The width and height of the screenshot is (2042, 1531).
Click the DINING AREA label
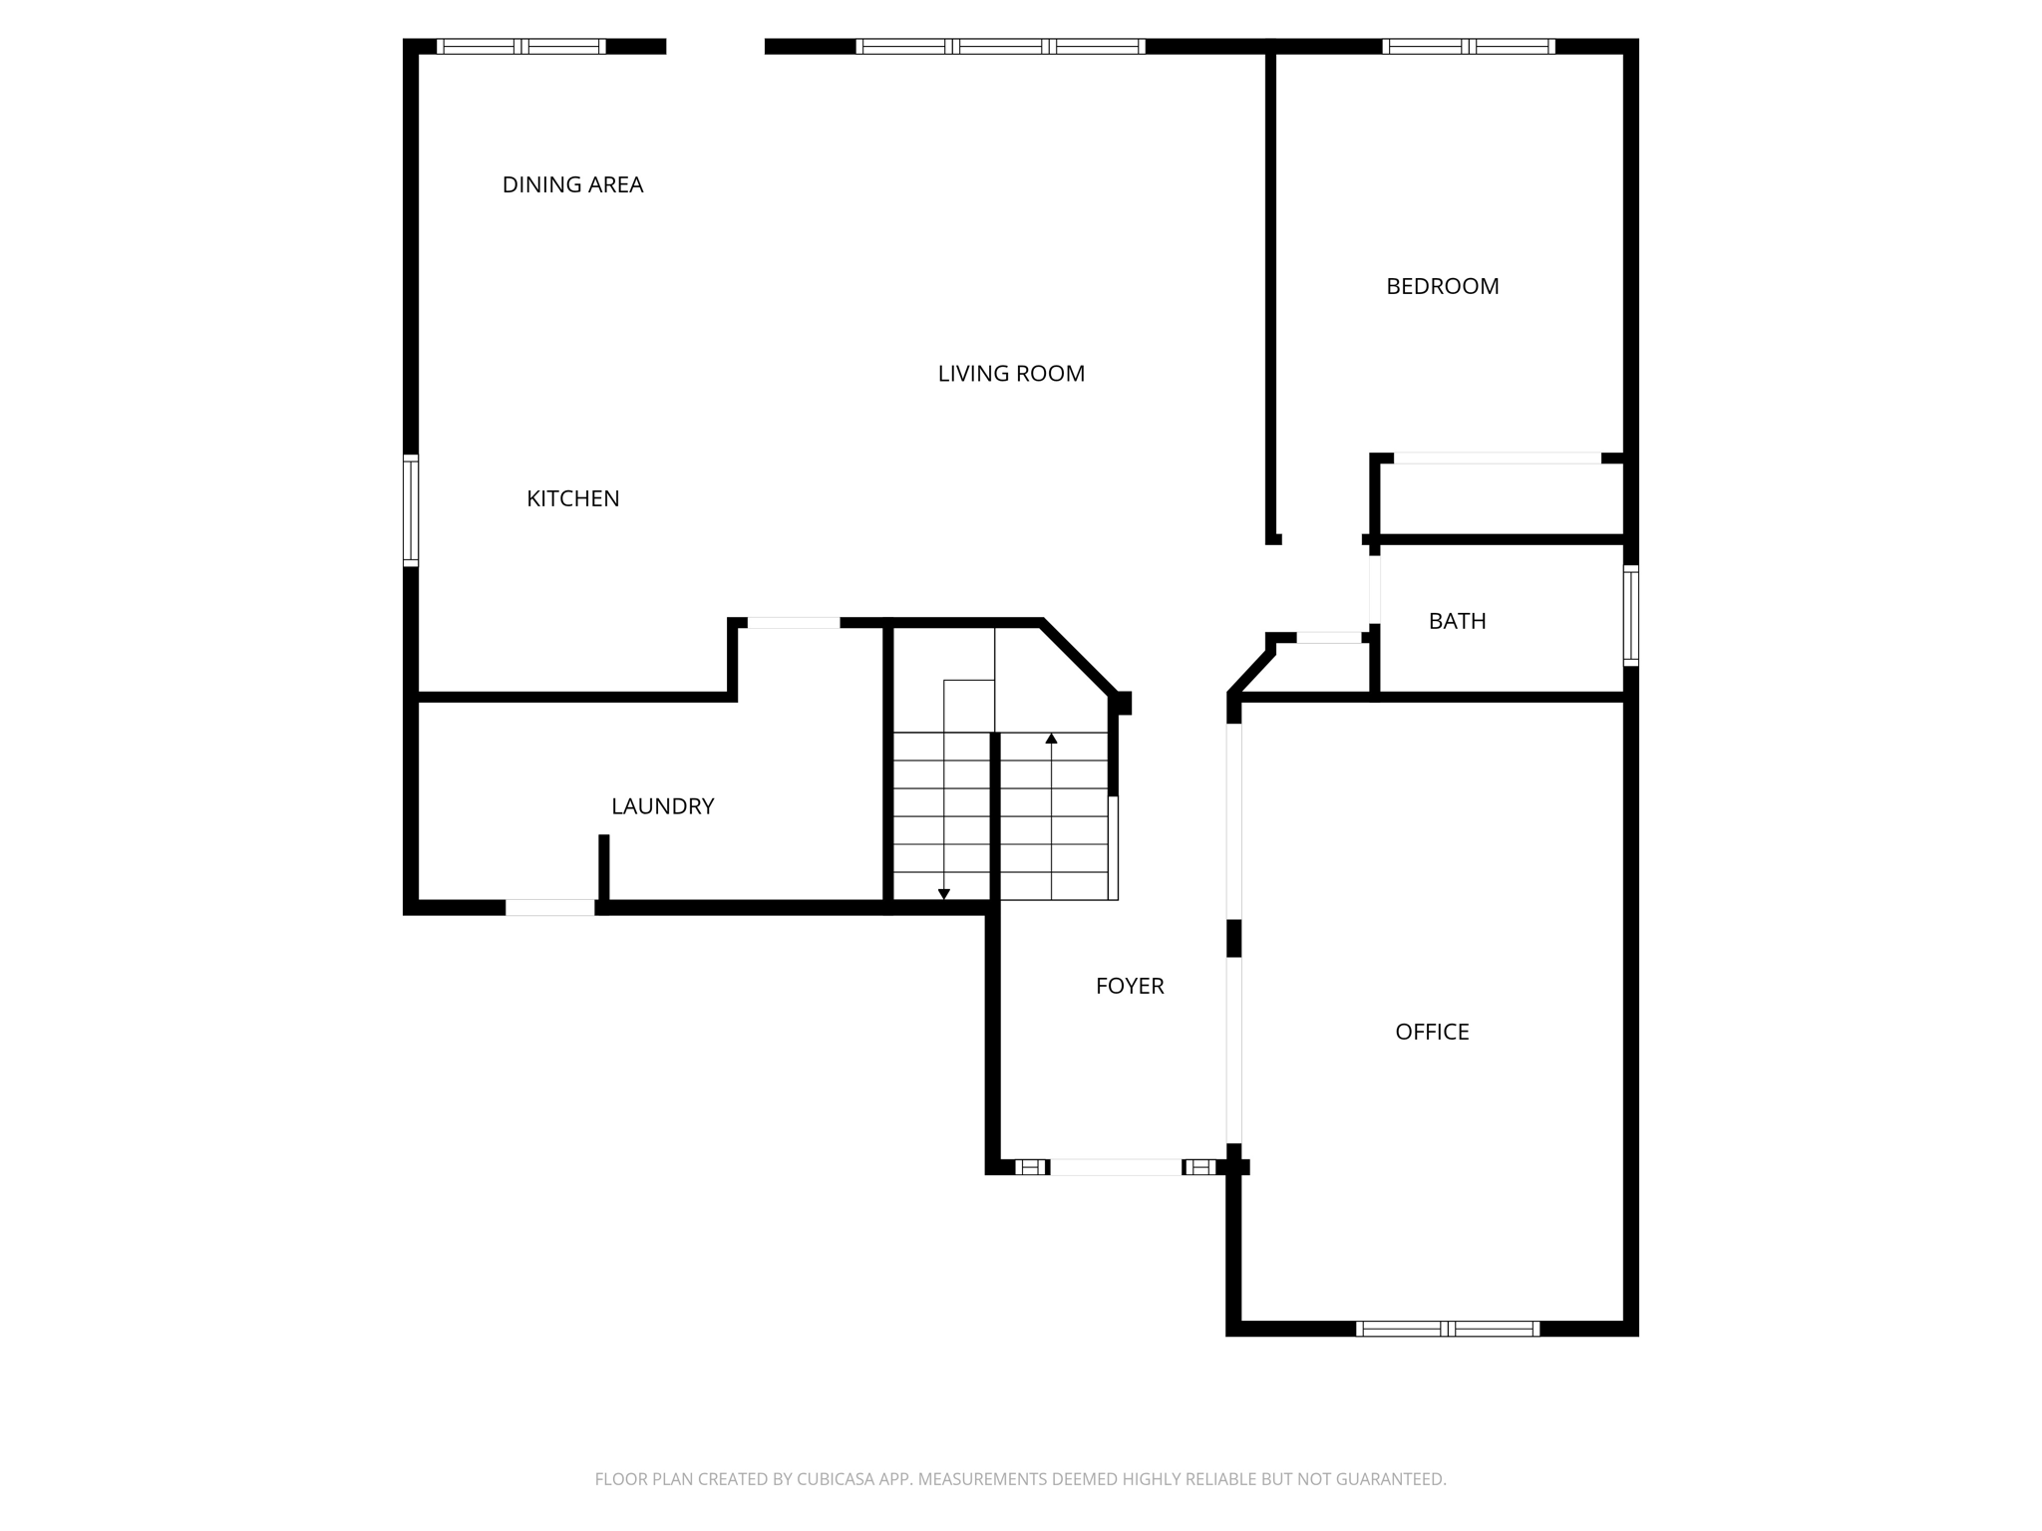click(572, 184)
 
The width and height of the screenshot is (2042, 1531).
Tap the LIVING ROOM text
click(1010, 374)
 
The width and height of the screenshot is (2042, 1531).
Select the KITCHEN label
click(572, 498)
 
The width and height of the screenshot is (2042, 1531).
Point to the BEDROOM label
click(1442, 286)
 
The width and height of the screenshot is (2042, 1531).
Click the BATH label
click(1457, 621)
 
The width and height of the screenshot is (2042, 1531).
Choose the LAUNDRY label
click(662, 806)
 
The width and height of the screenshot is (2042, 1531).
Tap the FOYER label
click(1129, 986)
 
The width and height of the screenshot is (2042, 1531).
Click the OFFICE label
click(1431, 1032)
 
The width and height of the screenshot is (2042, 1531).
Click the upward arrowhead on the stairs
click(1051, 739)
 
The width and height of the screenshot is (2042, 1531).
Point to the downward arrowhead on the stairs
click(943, 894)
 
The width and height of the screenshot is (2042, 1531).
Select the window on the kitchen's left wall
click(410, 510)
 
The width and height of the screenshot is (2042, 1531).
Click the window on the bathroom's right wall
click(1630, 615)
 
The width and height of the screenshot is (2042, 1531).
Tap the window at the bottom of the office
click(1447, 1329)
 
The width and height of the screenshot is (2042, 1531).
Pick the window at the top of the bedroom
click(1468, 46)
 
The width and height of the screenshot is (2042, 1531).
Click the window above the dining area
click(520, 46)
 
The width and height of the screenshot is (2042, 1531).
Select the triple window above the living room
click(1000, 46)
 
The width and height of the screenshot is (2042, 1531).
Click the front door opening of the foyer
click(1115, 1167)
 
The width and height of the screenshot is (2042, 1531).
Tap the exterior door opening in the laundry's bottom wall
click(549, 907)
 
